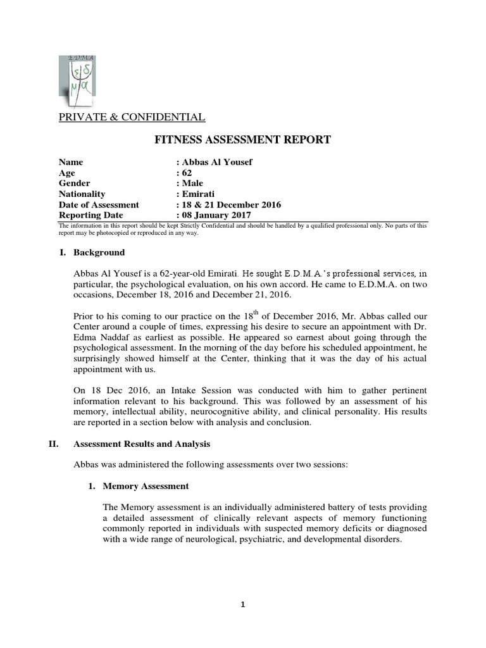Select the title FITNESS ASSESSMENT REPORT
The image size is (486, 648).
(242, 140)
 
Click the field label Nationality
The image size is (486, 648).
(82, 194)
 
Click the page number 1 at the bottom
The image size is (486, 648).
(243, 605)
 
